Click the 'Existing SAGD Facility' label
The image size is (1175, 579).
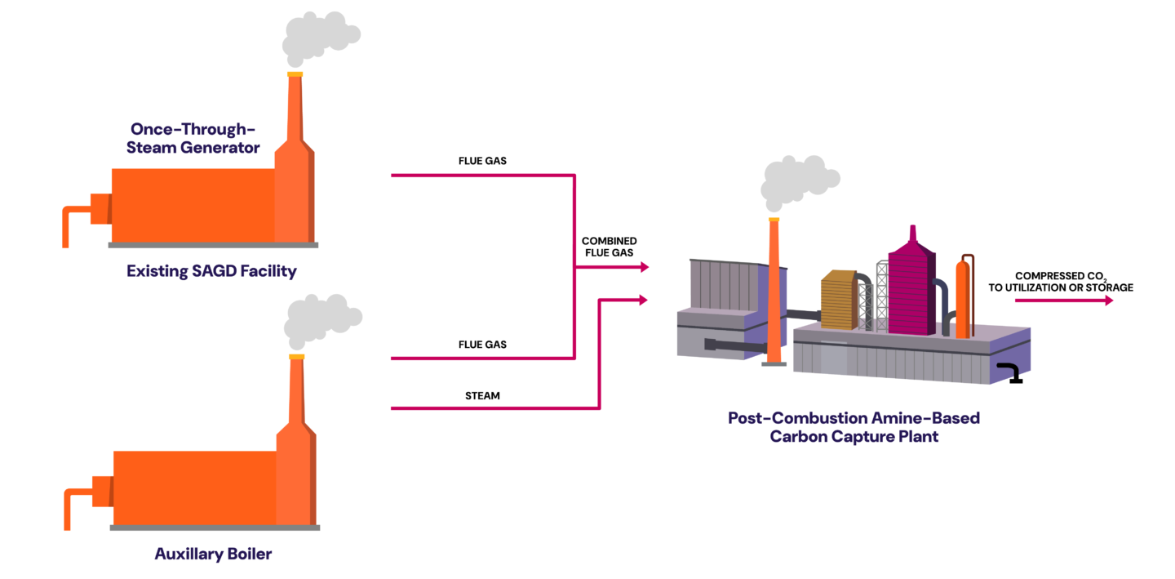(211, 270)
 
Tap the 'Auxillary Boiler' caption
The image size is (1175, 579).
(213, 554)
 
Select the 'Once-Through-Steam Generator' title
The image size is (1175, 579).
(193, 138)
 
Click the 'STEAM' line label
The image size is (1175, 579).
(482, 395)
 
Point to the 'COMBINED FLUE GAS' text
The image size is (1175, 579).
(609, 247)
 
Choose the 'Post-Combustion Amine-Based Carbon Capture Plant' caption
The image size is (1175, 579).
(854, 427)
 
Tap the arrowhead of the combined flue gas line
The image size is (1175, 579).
(645, 267)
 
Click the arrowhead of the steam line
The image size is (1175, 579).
(643, 301)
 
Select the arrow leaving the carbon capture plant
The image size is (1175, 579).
(1064, 301)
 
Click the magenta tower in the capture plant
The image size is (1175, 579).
(911, 286)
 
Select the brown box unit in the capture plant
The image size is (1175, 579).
(839, 300)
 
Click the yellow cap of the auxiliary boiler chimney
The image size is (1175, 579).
(297, 356)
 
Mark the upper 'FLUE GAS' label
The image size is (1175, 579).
(482, 161)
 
